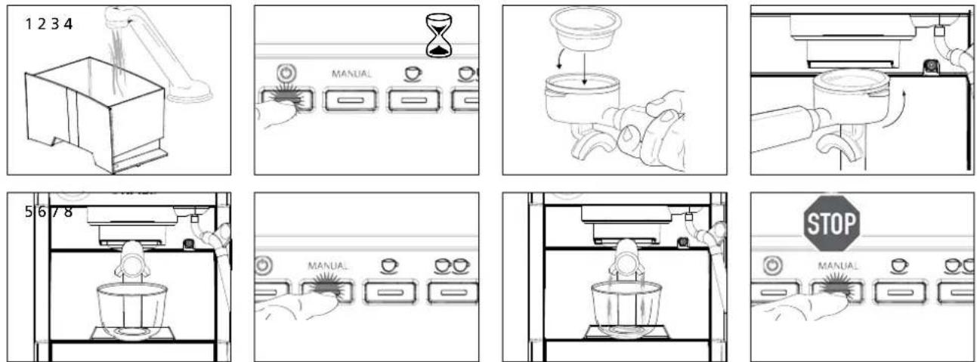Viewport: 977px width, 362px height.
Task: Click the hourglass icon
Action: pos(439,36)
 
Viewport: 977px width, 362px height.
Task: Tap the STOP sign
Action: pos(832,223)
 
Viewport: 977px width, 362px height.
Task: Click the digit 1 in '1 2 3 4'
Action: pos(29,24)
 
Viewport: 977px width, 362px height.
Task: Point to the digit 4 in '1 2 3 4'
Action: pos(67,24)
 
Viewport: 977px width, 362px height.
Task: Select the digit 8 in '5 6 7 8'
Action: pos(68,212)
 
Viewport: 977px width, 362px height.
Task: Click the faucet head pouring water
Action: pos(119,15)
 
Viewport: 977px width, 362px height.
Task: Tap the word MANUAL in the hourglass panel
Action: pos(351,74)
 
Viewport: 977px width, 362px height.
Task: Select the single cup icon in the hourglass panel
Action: pos(413,74)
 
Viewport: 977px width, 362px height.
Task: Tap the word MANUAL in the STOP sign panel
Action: pos(838,265)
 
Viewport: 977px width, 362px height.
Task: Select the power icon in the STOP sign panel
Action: pos(773,265)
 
